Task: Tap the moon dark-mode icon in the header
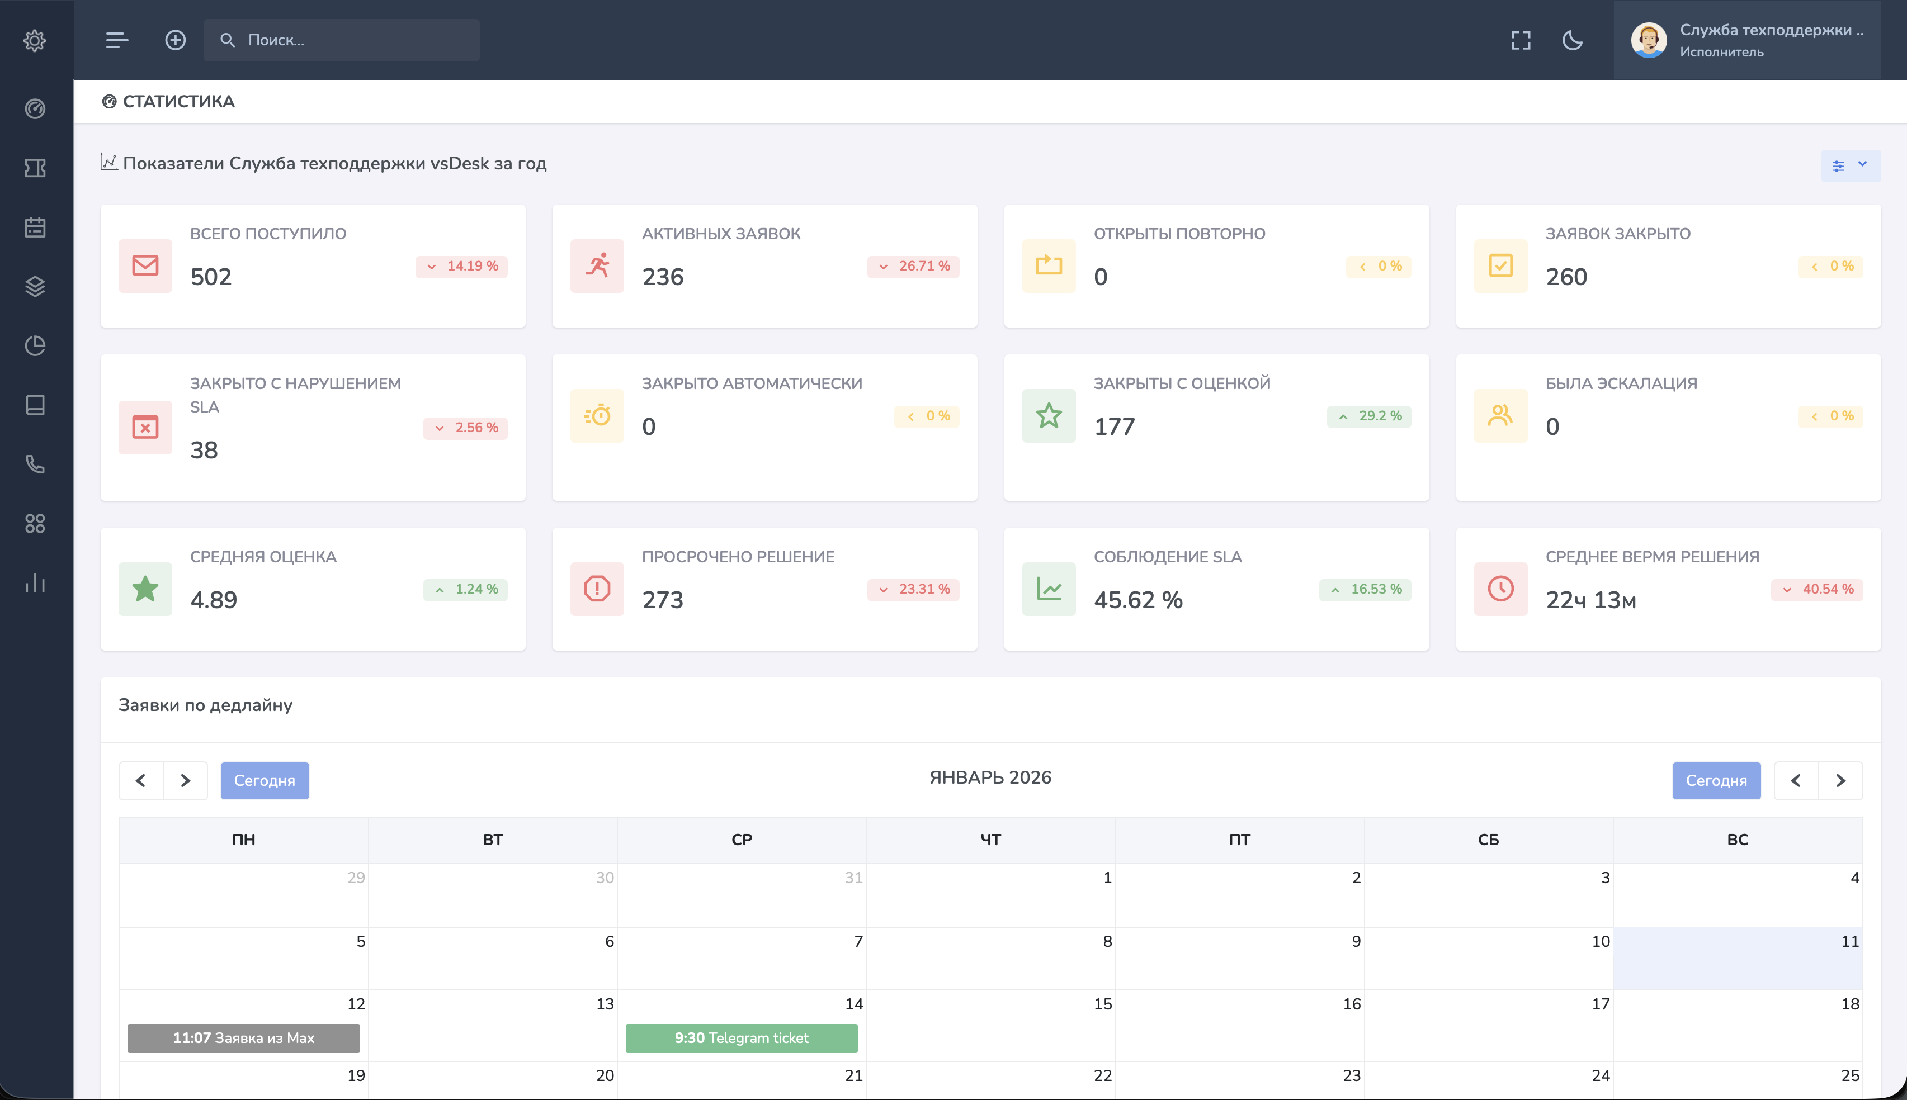click(x=1572, y=40)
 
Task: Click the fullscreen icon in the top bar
click(x=1521, y=40)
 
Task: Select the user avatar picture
click(x=1649, y=40)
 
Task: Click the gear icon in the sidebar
click(x=35, y=40)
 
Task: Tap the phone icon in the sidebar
click(x=35, y=464)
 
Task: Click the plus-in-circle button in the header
click(x=176, y=40)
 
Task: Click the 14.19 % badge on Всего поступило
click(x=462, y=266)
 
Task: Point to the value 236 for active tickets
click(x=663, y=277)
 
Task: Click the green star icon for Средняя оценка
click(x=145, y=589)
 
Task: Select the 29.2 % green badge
click(x=1369, y=415)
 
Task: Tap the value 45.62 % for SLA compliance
click(x=1138, y=600)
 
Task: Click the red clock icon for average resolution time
click(x=1500, y=589)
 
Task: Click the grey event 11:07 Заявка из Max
click(x=243, y=1038)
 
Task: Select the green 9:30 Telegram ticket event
click(x=742, y=1038)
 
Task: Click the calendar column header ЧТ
click(x=990, y=840)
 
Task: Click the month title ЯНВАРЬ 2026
click(x=990, y=777)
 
